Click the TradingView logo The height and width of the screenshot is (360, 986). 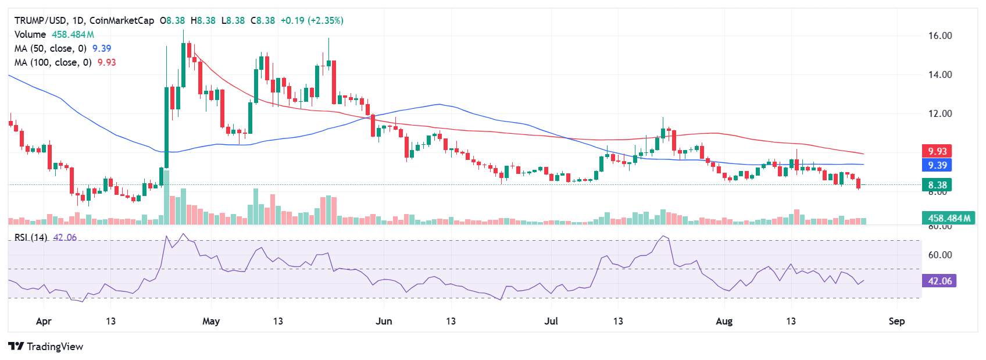pyautogui.click(x=45, y=347)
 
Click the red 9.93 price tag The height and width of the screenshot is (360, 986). pyautogui.click(x=937, y=151)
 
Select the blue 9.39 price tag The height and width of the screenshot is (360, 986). pyautogui.click(x=937, y=165)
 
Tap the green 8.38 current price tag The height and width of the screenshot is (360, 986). pyautogui.click(x=937, y=185)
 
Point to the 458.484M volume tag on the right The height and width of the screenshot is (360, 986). pyautogui.click(x=949, y=218)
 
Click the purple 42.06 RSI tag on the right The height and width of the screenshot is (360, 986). pyautogui.click(x=939, y=281)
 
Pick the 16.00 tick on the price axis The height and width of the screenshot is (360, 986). pyautogui.click(x=939, y=35)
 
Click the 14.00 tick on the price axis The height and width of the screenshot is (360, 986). pyautogui.click(x=939, y=74)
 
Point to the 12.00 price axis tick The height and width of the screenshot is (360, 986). pyautogui.click(x=939, y=113)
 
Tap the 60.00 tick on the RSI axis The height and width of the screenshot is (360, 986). pyautogui.click(x=939, y=255)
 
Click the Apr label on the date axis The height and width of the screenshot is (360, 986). pyautogui.click(x=44, y=321)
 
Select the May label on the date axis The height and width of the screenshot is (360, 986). pyautogui.click(x=211, y=321)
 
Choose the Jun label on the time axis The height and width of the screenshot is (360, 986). pyautogui.click(x=384, y=321)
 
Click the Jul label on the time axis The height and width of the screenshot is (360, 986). pyautogui.click(x=551, y=321)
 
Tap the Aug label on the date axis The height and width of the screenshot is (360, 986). pyautogui.click(x=724, y=321)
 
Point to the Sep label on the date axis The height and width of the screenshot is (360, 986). pyautogui.click(x=896, y=321)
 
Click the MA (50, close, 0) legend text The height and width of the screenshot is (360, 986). pyautogui.click(x=51, y=48)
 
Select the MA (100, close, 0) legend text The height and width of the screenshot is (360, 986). pyautogui.click(x=53, y=62)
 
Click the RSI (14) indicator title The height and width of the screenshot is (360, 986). pyautogui.click(x=31, y=237)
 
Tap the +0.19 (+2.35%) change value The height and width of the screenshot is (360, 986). pyautogui.click(x=312, y=20)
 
